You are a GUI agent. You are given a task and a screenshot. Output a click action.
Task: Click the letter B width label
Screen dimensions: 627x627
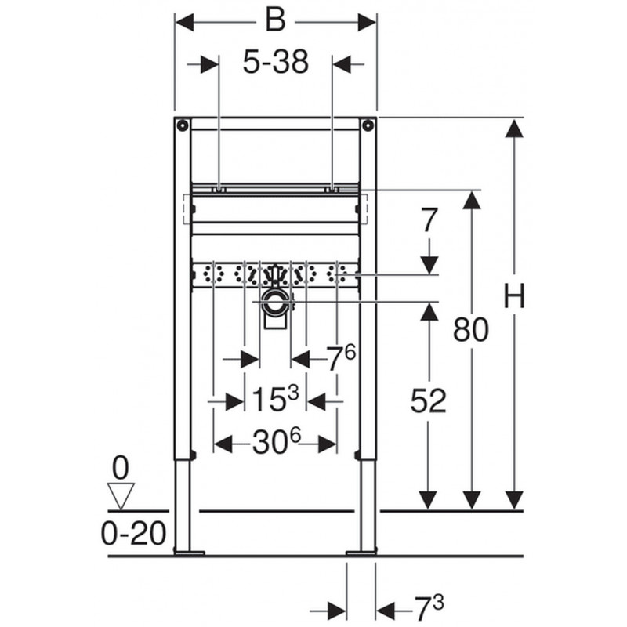click(276, 20)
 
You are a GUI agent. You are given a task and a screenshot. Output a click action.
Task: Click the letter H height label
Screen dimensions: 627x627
click(514, 295)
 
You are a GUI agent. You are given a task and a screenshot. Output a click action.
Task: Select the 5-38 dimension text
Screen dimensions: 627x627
click(276, 62)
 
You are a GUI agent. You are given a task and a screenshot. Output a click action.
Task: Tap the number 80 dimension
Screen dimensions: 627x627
click(471, 329)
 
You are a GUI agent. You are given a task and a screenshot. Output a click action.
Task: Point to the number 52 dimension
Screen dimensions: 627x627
click(428, 400)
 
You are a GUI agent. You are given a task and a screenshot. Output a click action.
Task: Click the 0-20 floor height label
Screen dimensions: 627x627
click(133, 533)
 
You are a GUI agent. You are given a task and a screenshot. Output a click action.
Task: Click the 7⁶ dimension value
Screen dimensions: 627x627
click(341, 357)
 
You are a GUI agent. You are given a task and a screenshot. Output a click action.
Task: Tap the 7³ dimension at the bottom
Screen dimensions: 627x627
click(429, 609)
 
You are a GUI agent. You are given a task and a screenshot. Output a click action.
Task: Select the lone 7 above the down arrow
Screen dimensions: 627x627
click(429, 220)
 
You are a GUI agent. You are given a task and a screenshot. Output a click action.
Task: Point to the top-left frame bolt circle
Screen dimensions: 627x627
click(183, 125)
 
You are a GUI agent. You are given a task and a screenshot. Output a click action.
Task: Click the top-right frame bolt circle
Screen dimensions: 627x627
click(368, 125)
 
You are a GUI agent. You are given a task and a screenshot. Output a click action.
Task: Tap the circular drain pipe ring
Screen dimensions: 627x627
click(275, 301)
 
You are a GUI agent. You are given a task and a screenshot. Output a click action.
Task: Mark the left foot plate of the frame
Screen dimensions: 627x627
click(190, 553)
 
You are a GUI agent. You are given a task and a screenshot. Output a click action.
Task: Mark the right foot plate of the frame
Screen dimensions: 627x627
click(361, 553)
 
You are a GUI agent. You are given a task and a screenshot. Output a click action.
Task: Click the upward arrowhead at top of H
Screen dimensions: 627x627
click(514, 129)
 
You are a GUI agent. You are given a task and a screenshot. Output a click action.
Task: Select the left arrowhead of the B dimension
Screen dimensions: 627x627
click(184, 22)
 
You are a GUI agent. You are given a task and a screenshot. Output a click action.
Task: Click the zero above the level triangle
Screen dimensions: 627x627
click(121, 468)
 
